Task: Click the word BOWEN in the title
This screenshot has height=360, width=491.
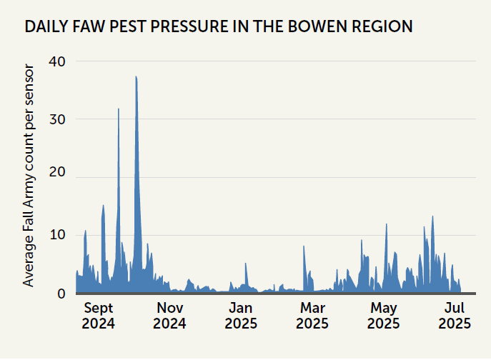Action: [x=305, y=27]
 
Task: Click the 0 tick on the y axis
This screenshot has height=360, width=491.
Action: [x=61, y=293]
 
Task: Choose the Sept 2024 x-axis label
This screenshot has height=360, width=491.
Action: [x=99, y=316]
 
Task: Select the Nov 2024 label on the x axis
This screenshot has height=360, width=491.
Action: [x=169, y=316]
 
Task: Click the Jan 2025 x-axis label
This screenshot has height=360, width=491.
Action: [x=241, y=316]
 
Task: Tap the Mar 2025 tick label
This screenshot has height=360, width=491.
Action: [x=312, y=316]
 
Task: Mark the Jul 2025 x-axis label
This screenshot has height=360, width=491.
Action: [x=454, y=316]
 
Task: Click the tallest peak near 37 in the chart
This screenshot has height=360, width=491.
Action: [x=136, y=77]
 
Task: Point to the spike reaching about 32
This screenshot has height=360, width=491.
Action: [x=118, y=109]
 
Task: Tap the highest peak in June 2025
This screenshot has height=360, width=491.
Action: [x=432, y=217]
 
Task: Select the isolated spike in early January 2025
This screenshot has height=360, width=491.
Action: [x=246, y=264]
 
